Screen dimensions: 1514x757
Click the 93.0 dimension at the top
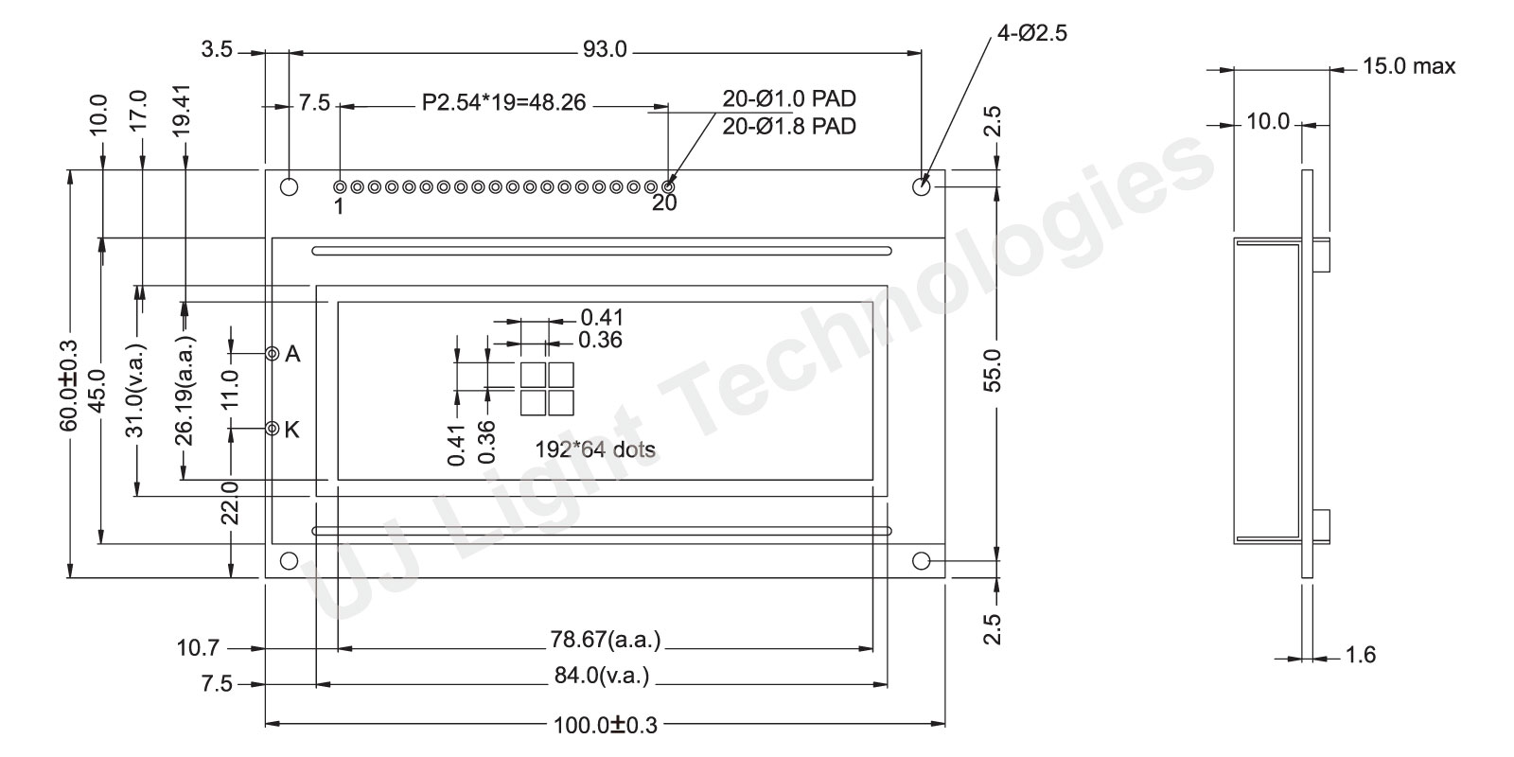click(605, 49)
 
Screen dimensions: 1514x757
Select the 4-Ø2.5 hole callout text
click(1032, 32)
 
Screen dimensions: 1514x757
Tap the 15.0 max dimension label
click(1409, 66)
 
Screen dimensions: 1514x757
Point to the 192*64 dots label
click(595, 449)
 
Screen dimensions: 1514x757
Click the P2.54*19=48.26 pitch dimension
click(503, 103)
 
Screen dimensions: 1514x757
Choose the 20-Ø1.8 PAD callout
click(789, 127)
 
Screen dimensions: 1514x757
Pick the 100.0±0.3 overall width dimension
click(605, 725)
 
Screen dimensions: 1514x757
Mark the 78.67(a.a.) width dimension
click(605, 640)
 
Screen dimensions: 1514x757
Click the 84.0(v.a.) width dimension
click(602, 676)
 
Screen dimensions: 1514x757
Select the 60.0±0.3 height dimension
click(69, 385)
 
